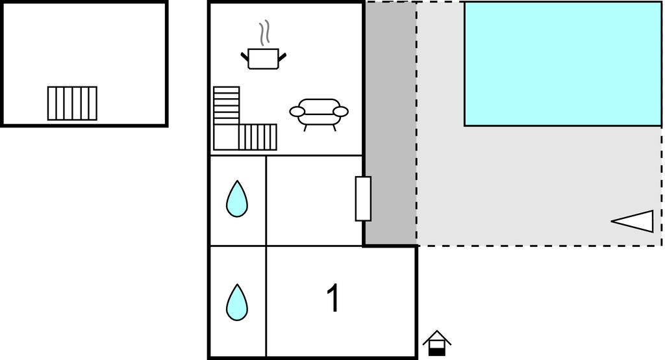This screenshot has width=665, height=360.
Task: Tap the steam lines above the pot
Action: pyautogui.click(x=264, y=32)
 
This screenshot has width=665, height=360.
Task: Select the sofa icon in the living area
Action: pyautogui.click(x=319, y=114)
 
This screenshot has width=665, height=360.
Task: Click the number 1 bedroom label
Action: pyautogui.click(x=334, y=298)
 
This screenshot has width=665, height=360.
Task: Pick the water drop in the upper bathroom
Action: pyautogui.click(x=237, y=199)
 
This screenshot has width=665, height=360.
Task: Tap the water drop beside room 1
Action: pyautogui.click(x=237, y=302)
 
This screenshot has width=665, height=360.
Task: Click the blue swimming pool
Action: pyautogui.click(x=563, y=64)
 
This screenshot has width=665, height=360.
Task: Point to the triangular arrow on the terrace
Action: pyautogui.click(x=633, y=221)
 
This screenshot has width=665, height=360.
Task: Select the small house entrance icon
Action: pyautogui.click(x=437, y=343)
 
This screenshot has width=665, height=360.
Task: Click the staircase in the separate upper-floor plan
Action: pyautogui.click(x=72, y=103)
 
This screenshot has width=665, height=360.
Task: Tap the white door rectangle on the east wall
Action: pyautogui.click(x=363, y=199)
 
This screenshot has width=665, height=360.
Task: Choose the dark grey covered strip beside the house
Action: pyautogui.click(x=390, y=123)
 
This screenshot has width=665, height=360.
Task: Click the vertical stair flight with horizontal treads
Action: pyautogui.click(x=227, y=106)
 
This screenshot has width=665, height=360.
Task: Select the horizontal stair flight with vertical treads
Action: pyautogui.click(x=258, y=137)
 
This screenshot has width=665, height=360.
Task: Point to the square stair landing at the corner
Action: pyautogui.click(x=226, y=137)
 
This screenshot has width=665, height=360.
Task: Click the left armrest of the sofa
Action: pyautogui.click(x=297, y=112)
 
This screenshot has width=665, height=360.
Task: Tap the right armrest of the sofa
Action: pyautogui.click(x=340, y=112)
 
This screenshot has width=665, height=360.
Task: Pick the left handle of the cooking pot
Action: pyautogui.click(x=245, y=57)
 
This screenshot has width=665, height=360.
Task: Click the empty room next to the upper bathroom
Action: pyautogui.click(x=314, y=200)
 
